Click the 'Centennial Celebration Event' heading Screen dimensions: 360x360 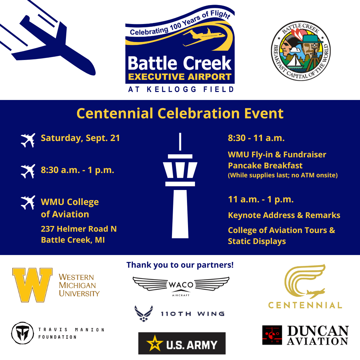180,113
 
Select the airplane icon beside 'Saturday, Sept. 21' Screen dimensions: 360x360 28,140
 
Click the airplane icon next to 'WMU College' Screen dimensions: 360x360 28,202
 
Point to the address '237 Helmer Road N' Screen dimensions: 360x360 79,229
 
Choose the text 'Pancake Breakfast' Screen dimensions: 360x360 265,166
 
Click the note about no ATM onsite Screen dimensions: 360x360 283,175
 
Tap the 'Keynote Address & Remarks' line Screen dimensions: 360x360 284,215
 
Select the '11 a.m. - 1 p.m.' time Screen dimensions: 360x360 261,200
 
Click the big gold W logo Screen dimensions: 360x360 32,285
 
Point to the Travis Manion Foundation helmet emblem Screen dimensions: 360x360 23,333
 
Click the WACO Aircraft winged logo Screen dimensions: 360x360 181,285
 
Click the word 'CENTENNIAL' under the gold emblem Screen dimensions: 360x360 305,305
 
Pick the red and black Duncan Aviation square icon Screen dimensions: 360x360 272,335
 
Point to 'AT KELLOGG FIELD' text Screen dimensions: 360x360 180,89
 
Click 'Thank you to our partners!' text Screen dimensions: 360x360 180,265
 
